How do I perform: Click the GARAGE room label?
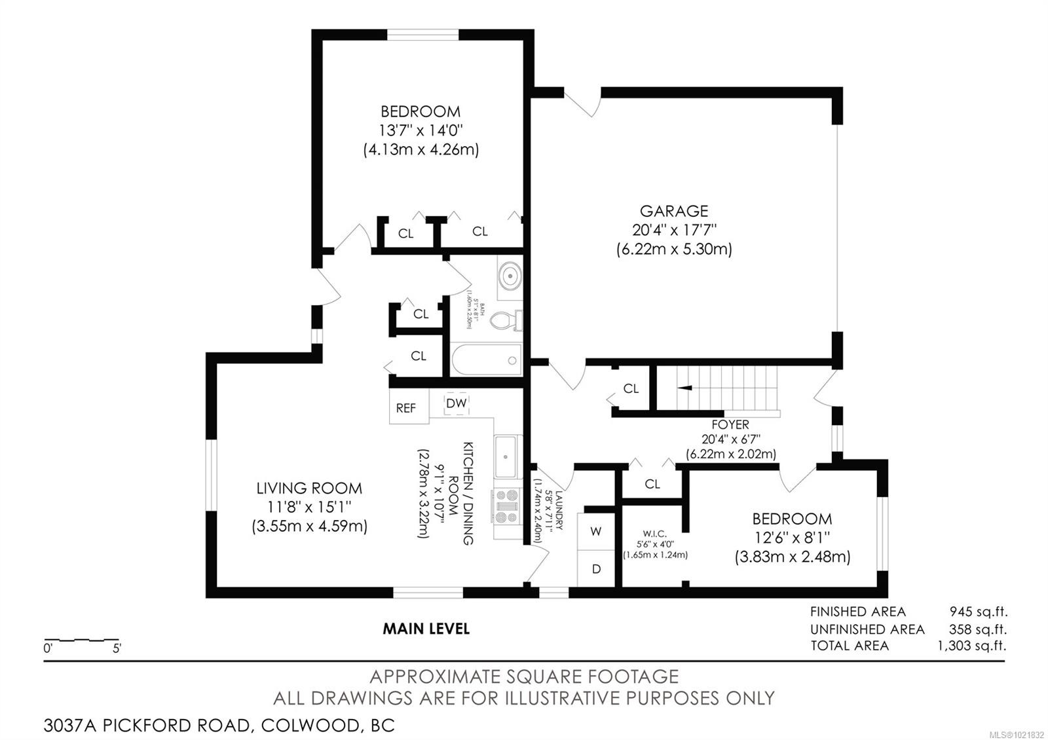click(674, 211)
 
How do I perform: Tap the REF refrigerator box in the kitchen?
click(406, 408)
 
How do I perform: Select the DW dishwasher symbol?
click(457, 403)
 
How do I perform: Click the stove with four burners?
click(506, 506)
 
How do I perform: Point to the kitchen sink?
click(506, 457)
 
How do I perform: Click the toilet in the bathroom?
click(506, 320)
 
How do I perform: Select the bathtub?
click(486, 360)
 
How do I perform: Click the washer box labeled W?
click(595, 531)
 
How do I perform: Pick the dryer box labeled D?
click(596, 569)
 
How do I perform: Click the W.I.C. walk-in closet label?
click(654, 534)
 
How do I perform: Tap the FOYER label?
click(730, 424)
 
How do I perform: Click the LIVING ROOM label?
click(309, 488)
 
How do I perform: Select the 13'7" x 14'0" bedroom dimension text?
click(421, 130)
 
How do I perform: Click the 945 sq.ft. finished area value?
click(978, 612)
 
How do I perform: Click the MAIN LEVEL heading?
click(426, 629)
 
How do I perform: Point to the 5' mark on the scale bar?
click(117, 649)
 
